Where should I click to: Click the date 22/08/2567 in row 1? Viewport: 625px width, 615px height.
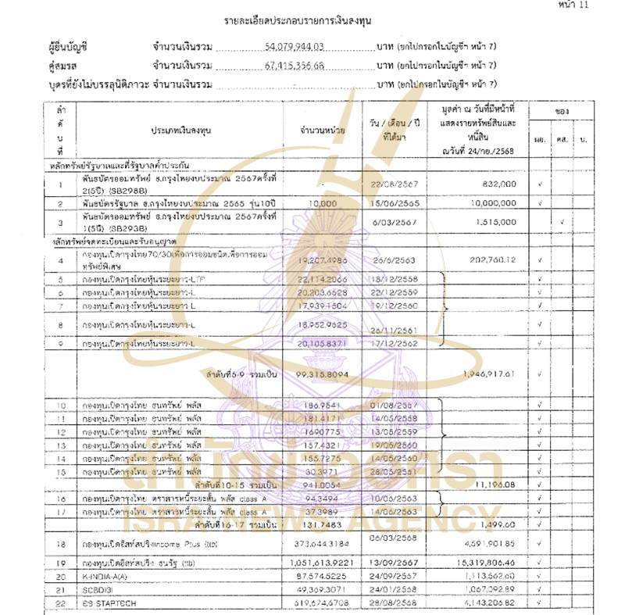[x=395, y=182]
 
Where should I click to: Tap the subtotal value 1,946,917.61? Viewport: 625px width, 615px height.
[x=488, y=374]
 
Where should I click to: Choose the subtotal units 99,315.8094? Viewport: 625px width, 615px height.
[x=323, y=375]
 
